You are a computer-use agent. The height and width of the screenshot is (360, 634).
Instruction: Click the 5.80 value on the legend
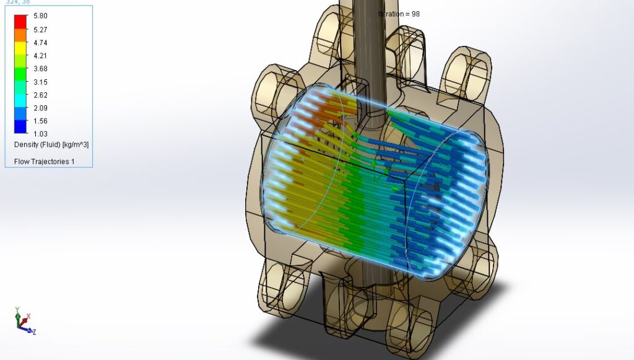click(x=40, y=16)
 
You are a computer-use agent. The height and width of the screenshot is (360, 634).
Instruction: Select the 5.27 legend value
click(x=40, y=29)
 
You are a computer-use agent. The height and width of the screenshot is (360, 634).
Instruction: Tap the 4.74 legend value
click(x=40, y=43)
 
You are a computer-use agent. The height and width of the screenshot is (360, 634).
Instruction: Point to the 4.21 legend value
click(x=40, y=56)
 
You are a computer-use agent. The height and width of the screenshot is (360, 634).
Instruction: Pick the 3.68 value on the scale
click(x=40, y=69)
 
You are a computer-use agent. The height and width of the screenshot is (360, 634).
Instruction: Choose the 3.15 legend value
click(x=40, y=82)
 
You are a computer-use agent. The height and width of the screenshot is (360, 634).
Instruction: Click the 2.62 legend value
click(x=40, y=95)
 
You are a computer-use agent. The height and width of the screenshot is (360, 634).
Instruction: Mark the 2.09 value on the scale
click(x=40, y=108)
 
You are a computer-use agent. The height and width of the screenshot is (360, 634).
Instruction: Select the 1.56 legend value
click(x=40, y=121)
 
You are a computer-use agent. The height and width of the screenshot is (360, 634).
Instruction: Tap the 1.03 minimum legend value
click(x=40, y=134)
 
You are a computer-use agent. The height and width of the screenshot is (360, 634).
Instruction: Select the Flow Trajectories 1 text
click(x=43, y=161)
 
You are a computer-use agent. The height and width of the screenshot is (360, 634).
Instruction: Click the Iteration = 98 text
click(x=399, y=14)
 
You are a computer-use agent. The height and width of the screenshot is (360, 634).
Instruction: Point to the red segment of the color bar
click(x=20, y=20)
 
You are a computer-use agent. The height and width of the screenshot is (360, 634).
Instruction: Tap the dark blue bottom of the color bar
click(x=20, y=128)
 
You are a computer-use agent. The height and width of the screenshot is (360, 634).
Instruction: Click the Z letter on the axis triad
click(x=34, y=333)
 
